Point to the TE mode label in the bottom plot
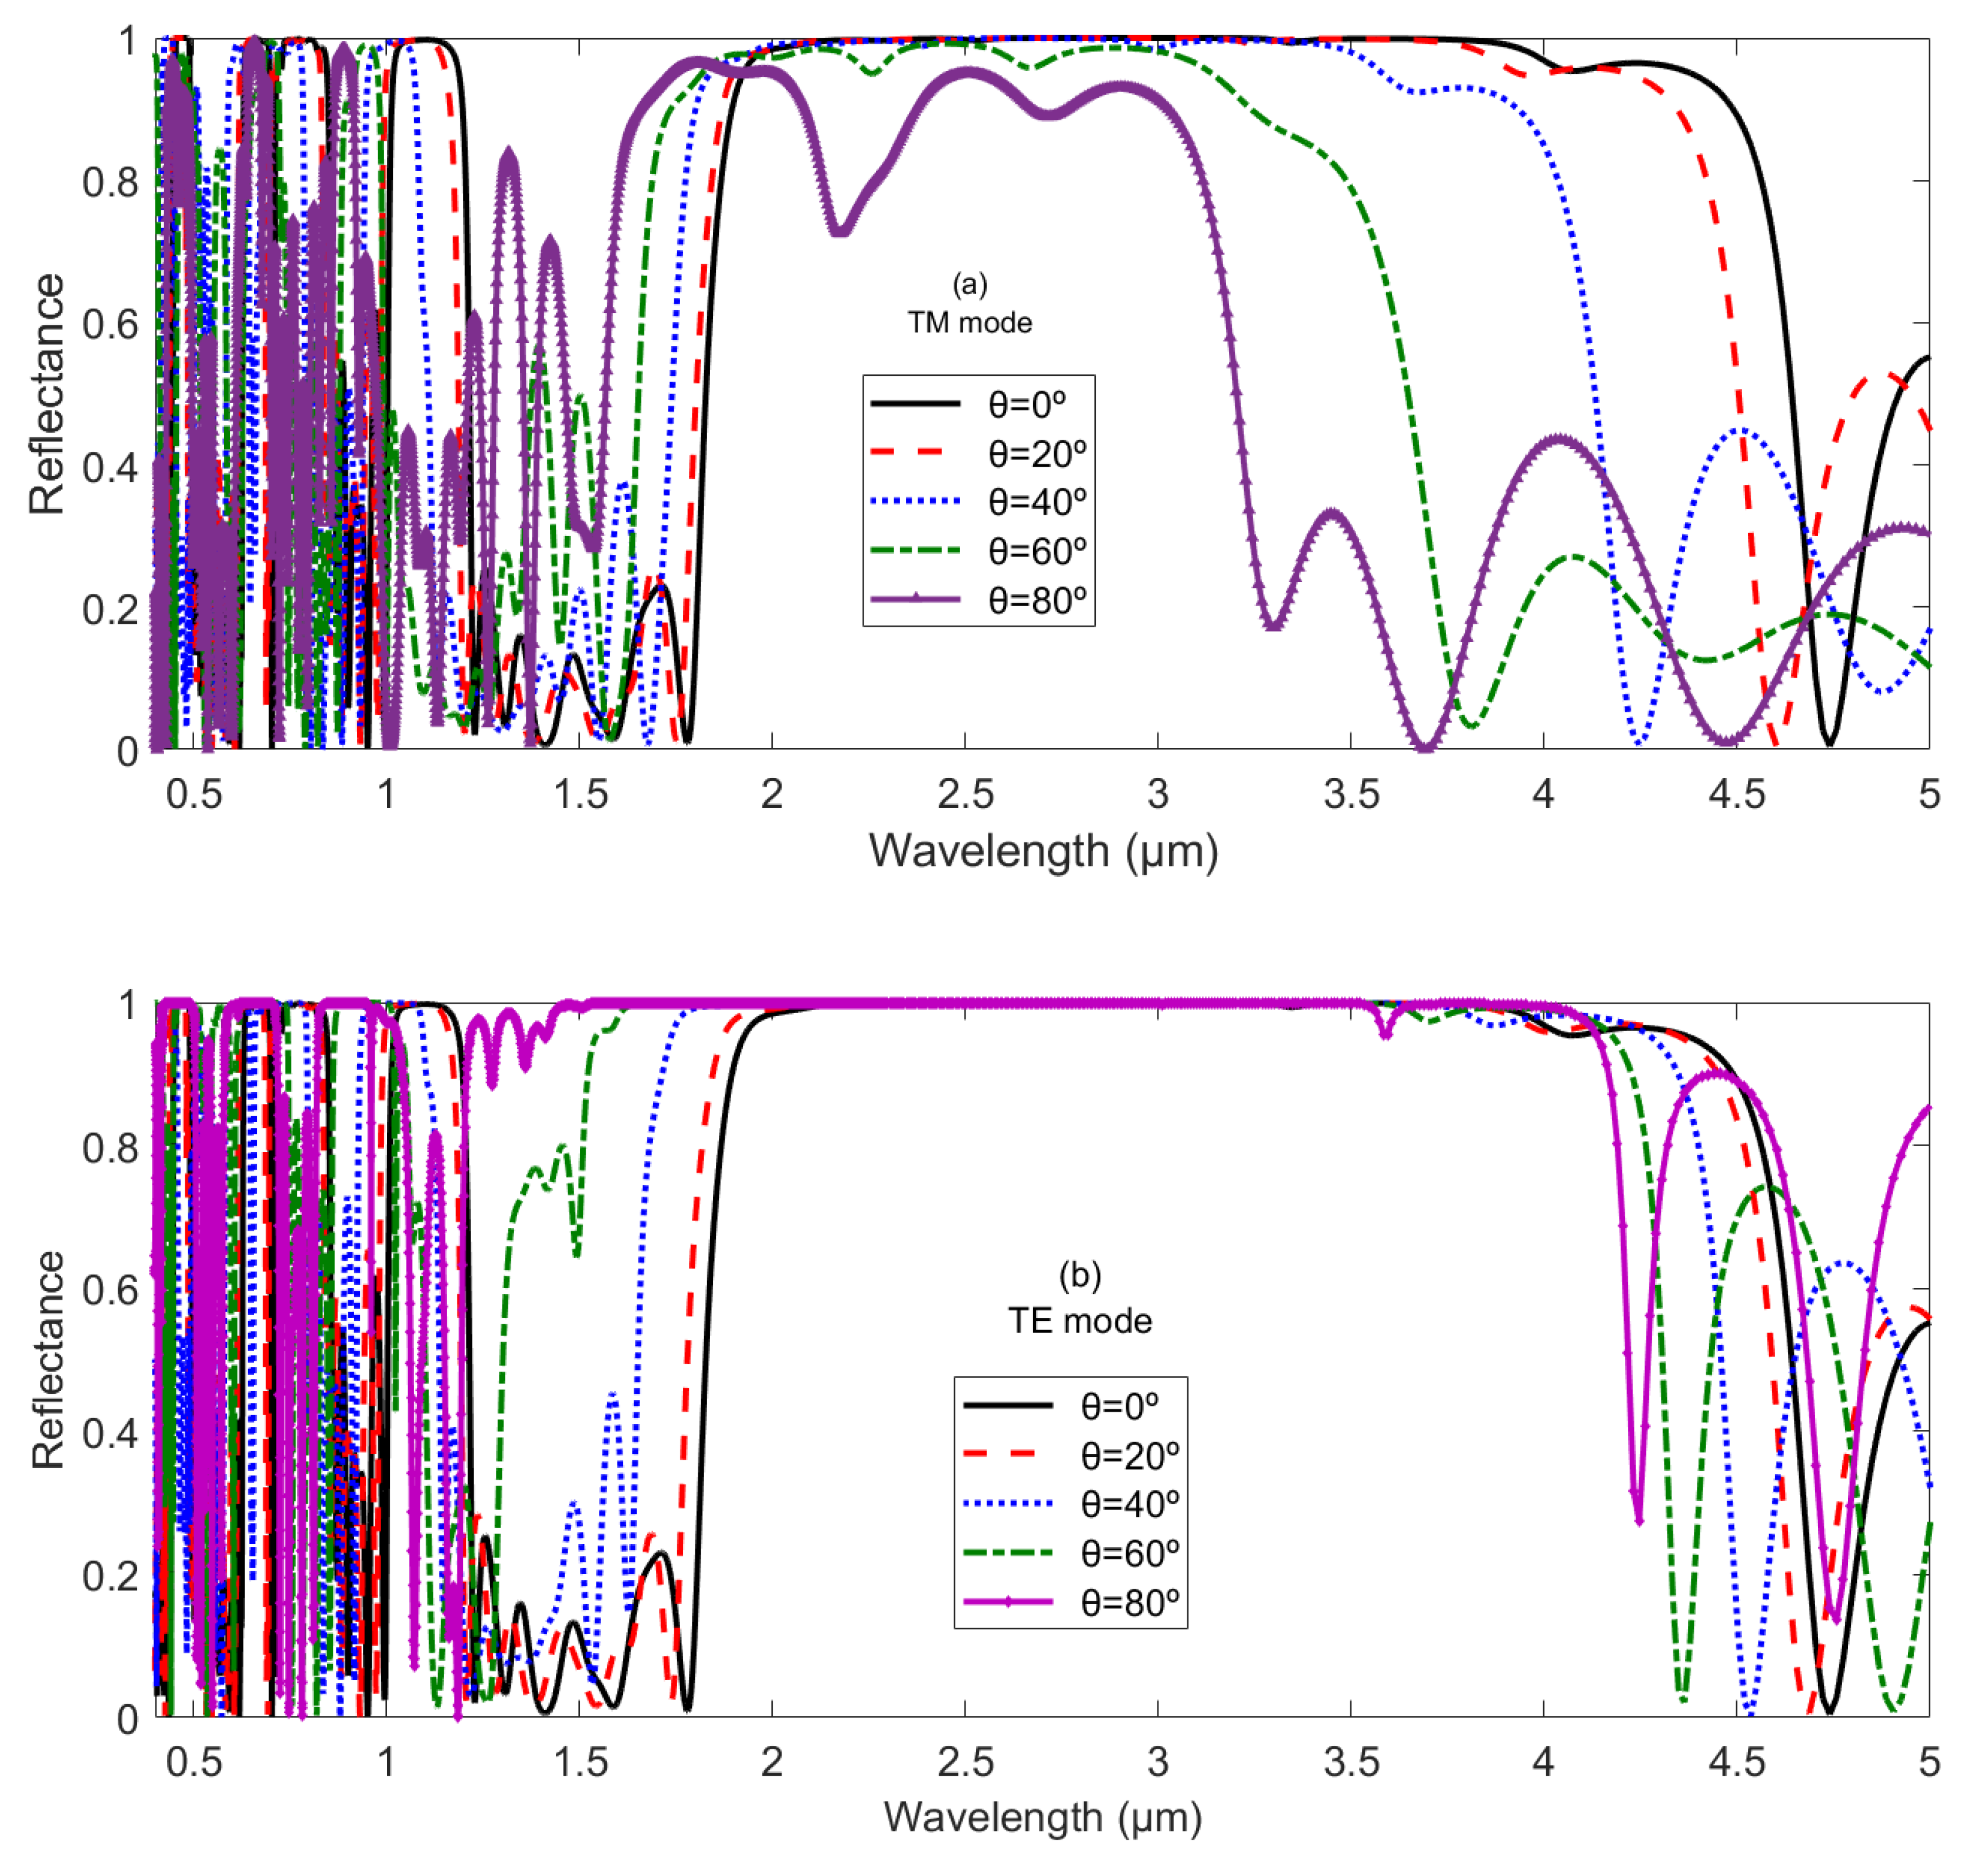tap(1079, 1321)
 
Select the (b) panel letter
tap(1079, 1275)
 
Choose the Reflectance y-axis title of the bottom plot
tap(46, 1360)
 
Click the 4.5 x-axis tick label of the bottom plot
tap(1736, 1761)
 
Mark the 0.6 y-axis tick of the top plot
tap(110, 324)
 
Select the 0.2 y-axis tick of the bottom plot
tap(110, 1576)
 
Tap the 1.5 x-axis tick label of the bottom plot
tap(580, 1761)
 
